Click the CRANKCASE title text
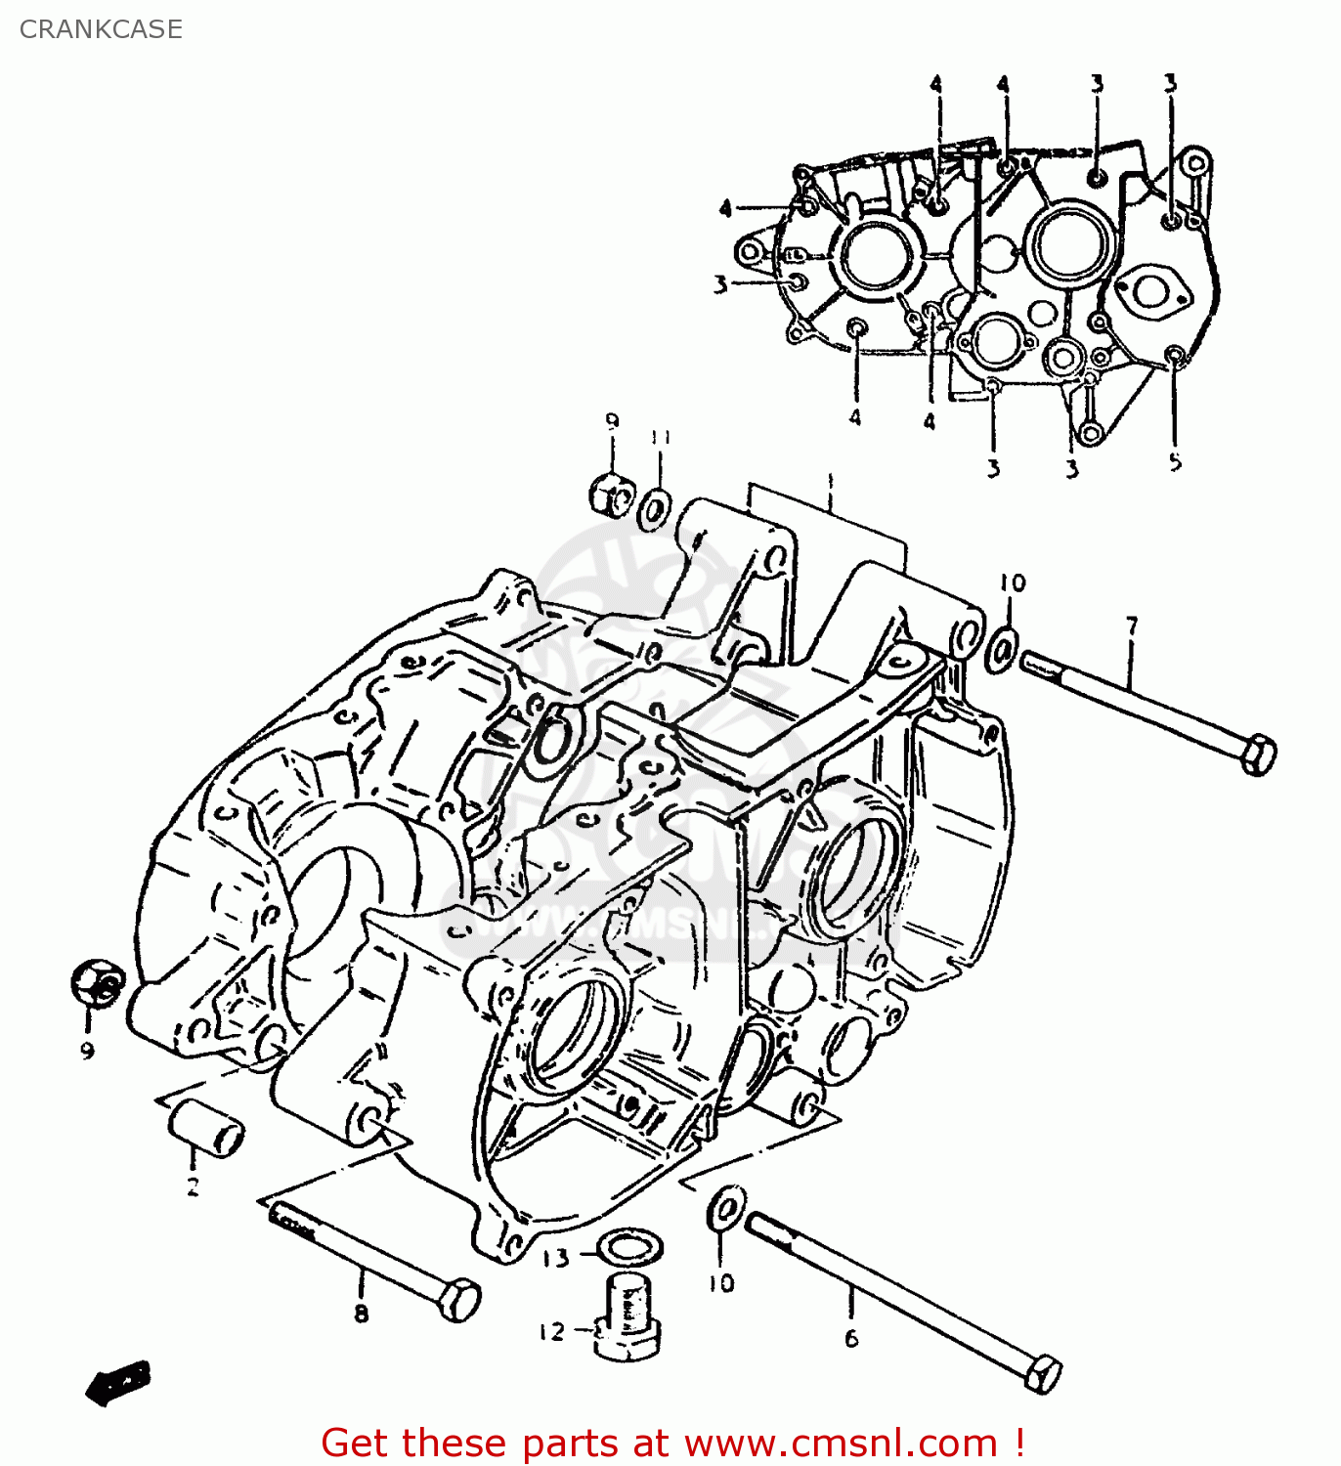click(x=101, y=29)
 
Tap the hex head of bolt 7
click(x=1258, y=755)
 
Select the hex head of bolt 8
click(x=459, y=1301)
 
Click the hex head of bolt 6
click(x=1043, y=1374)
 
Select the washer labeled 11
click(x=655, y=509)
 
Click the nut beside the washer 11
click(x=612, y=495)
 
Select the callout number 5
click(x=1175, y=461)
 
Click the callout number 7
click(x=1131, y=625)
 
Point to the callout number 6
click(x=851, y=1338)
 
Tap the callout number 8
click(x=362, y=1314)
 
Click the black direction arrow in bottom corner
click(x=118, y=1382)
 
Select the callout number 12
click(x=551, y=1331)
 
